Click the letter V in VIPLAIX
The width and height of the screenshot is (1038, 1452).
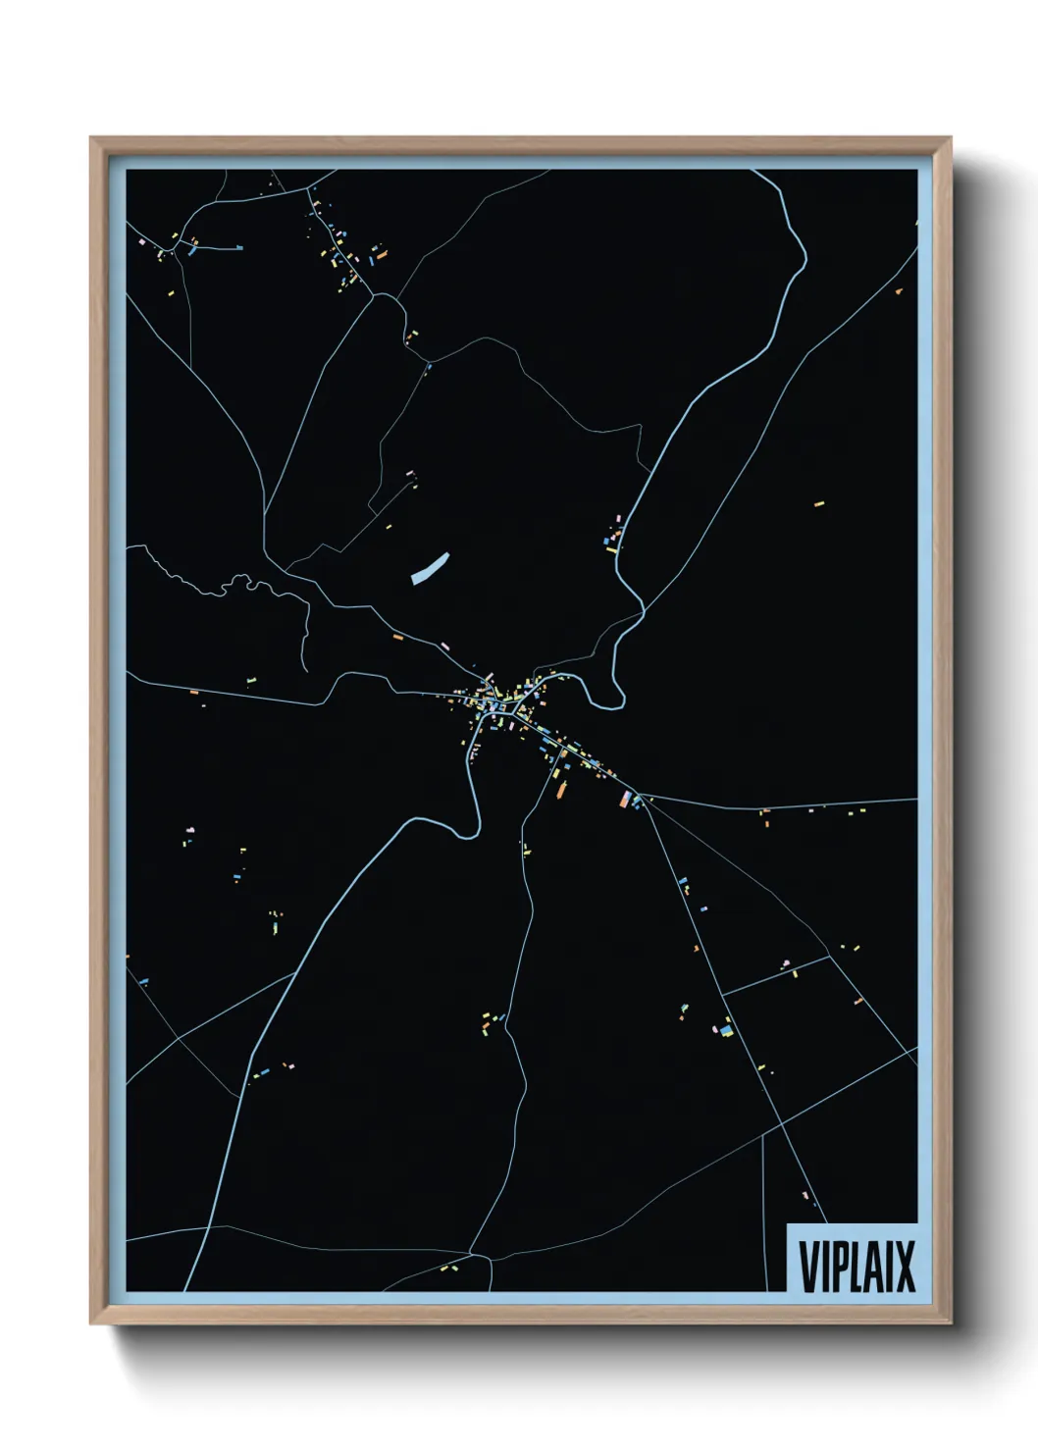(810, 1267)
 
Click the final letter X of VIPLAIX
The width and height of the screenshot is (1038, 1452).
(906, 1267)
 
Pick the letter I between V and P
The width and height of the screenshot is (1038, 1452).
(827, 1267)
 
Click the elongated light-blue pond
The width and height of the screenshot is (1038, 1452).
(430, 568)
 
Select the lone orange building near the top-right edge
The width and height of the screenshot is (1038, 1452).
(899, 291)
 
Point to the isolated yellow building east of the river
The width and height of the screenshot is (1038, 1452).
(819, 504)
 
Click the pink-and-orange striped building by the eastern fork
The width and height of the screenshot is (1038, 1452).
(625, 800)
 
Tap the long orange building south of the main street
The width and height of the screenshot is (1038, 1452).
(562, 788)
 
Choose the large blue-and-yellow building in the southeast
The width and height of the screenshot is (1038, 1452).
(726, 1029)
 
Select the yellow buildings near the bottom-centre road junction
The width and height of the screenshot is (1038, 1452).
(447, 1269)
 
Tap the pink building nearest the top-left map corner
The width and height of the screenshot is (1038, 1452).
(142, 241)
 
